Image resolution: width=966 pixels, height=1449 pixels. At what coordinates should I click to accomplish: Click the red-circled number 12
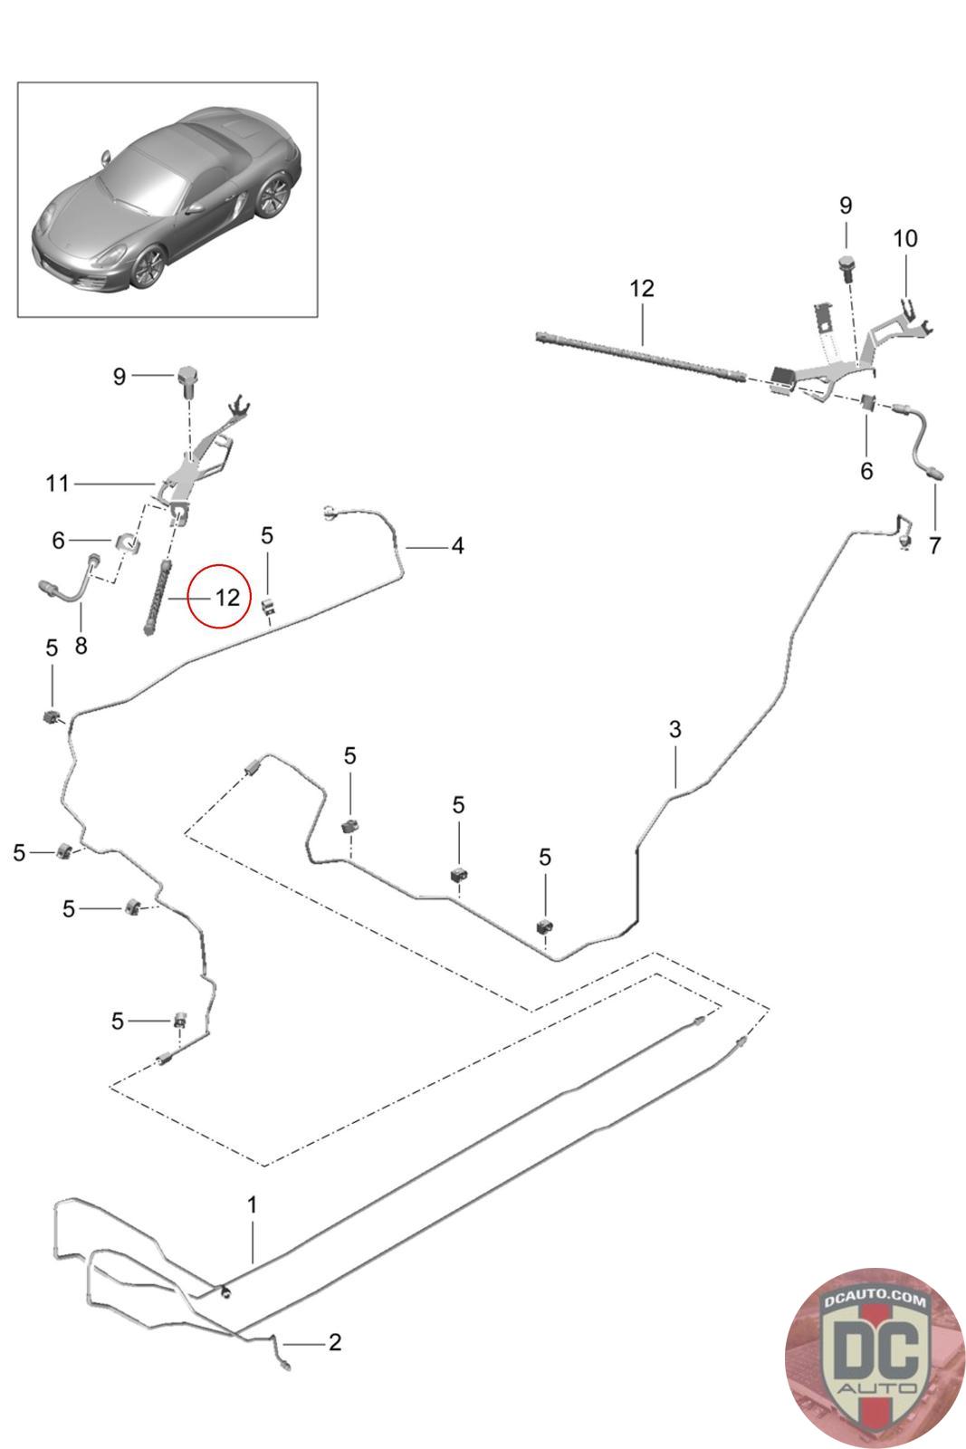point(227,598)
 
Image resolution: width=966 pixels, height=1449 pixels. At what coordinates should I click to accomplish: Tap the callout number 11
point(58,484)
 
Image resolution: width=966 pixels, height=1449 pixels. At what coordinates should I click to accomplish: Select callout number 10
point(904,238)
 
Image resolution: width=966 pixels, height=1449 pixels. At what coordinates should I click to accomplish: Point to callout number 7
point(934,545)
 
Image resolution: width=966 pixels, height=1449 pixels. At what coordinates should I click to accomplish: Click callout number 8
point(81,647)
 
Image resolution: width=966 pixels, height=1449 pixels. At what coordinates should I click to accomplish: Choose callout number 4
point(457,546)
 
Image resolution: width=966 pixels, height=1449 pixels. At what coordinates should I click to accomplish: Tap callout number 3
point(674,729)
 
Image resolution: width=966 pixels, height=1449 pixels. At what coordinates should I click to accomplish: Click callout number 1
point(253,1205)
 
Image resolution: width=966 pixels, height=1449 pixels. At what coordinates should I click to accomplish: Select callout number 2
point(334,1341)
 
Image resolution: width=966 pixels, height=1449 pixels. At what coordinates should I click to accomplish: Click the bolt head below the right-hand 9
point(846,264)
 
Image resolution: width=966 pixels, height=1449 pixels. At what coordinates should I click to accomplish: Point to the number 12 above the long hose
point(641,289)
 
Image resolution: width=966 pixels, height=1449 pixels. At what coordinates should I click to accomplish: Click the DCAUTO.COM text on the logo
point(875,1300)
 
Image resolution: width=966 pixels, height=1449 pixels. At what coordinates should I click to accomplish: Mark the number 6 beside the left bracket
point(58,541)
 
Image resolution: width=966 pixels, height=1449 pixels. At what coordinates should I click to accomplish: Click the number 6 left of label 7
point(866,471)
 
